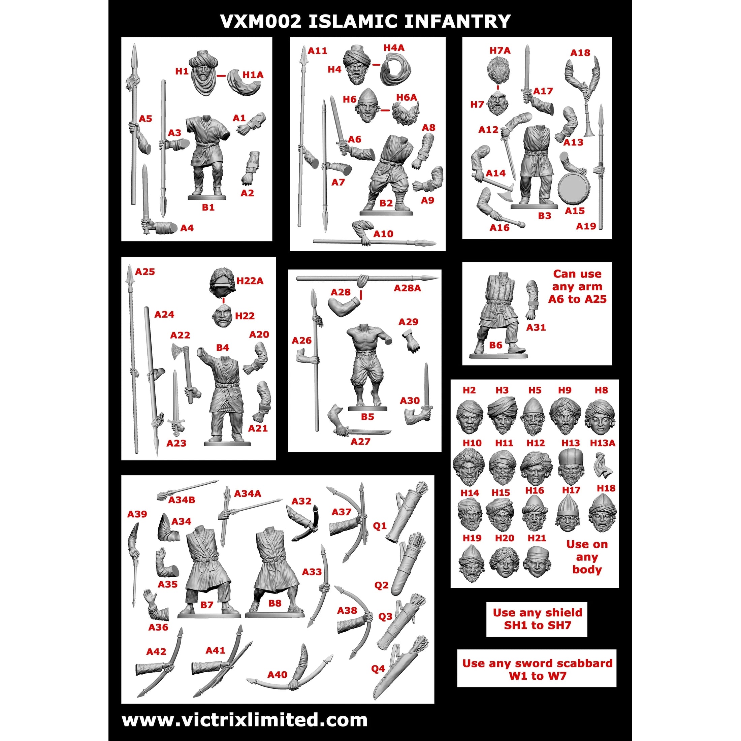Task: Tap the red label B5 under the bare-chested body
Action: pyautogui.click(x=367, y=417)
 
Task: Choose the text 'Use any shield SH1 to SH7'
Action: pyautogui.click(x=537, y=619)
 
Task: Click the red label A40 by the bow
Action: pyautogui.click(x=277, y=685)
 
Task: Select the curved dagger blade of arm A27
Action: pyautogui.click(x=370, y=432)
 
